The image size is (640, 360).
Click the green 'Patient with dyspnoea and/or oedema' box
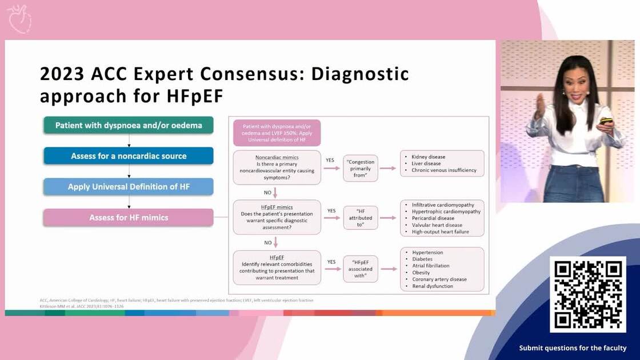[x=129, y=125]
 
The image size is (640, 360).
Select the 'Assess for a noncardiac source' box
[x=129, y=156]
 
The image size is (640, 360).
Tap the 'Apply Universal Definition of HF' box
[x=129, y=187]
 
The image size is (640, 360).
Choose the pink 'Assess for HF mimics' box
[x=129, y=217]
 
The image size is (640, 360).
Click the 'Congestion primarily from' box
[x=360, y=166]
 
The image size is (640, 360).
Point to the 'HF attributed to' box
[x=360, y=218]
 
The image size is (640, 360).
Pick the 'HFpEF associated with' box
[x=360, y=269]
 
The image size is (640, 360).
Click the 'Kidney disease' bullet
[x=428, y=157]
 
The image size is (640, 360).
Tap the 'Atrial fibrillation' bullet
[x=430, y=266]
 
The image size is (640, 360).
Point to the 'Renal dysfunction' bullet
[x=433, y=286]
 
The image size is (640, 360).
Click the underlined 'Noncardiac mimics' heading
[x=277, y=157]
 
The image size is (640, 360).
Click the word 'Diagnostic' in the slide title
[x=359, y=74]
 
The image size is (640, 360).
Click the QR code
[x=588, y=294]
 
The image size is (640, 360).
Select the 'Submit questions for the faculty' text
[x=573, y=348]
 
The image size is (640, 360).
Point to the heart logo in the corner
[x=19, y=19]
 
